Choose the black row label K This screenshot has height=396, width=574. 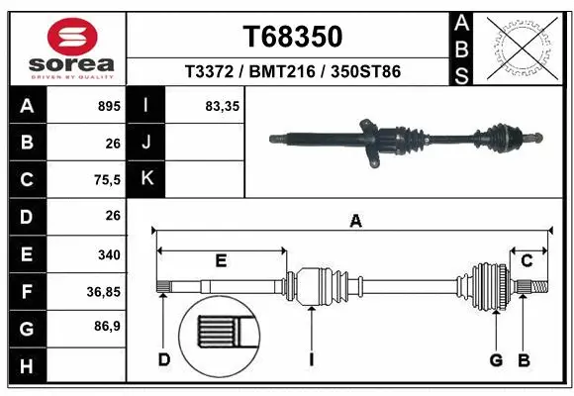pos(146,179)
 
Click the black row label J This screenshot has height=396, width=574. pos(146,143)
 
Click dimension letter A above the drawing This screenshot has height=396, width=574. pos(355,222)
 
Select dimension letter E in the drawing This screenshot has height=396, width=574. pos(221,261)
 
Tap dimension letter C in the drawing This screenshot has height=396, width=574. pos(527,261)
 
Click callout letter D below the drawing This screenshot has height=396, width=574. pos(164,358)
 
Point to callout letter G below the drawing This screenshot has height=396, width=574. pos(497,358)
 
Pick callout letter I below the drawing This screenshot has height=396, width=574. pos(311,358)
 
